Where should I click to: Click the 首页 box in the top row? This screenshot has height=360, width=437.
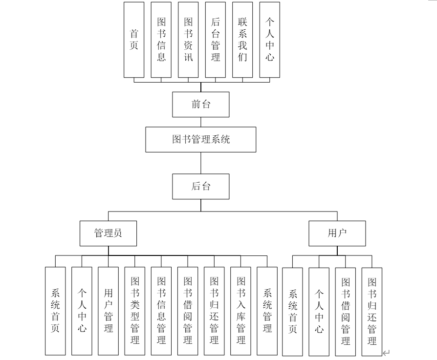(x=134, y=40)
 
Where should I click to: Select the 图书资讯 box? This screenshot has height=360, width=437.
(x=188, y=40)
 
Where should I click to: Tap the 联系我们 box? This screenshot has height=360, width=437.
(x=243, y=40)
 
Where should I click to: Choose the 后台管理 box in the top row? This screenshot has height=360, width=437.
(x=216, y=40)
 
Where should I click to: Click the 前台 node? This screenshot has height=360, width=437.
(x=201, y=105)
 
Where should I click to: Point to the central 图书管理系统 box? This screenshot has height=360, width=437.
(x=201, y=140)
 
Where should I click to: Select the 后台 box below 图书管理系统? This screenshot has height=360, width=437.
(x=201, y=186)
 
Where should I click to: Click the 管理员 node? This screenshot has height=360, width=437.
(x=108, y=233)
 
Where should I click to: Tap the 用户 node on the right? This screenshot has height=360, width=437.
(x=337, y=233)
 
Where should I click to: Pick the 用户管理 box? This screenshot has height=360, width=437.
(x=108, y=311)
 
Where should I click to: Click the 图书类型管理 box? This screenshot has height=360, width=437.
(x=134, y=311)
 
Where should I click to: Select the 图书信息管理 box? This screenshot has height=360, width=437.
(x=161, y=311)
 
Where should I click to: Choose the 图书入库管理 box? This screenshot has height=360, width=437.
(x=240, y=311)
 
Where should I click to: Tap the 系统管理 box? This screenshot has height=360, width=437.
(x=267, y=311)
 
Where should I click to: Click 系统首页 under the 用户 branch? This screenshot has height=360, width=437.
(x=293, y=311)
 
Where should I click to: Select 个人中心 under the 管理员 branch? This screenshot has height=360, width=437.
(x=82, y=311)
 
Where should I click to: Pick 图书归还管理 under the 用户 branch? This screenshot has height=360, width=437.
(x=372, y=311)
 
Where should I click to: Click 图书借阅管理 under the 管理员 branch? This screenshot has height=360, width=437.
(x=188, y=311)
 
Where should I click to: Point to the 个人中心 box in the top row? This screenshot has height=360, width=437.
(x=270, y=40)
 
